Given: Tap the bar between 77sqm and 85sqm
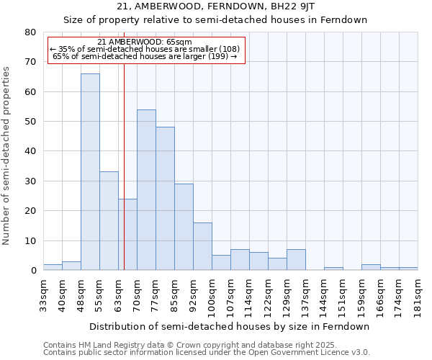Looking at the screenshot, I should (x=165, y=199).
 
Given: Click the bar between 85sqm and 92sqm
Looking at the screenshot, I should (x=184, y=227).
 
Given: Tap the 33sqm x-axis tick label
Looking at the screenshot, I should (x=43, y=294).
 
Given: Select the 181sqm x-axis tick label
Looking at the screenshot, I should (x=418, y=294).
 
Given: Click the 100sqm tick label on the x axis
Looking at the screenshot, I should (x=212, y=295).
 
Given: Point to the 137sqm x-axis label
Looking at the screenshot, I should (x=305, y=295).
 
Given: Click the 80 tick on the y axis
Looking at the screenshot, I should (x=30, y=32).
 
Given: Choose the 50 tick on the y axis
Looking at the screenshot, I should (x=30, y=122).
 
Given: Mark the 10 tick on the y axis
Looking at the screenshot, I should (x=30, y=240).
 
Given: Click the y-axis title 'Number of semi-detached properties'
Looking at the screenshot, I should (x=7, y=156).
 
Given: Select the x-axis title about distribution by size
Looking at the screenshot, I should (x=230, y=326).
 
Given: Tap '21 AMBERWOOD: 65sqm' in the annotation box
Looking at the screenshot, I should (x=144, y=42).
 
